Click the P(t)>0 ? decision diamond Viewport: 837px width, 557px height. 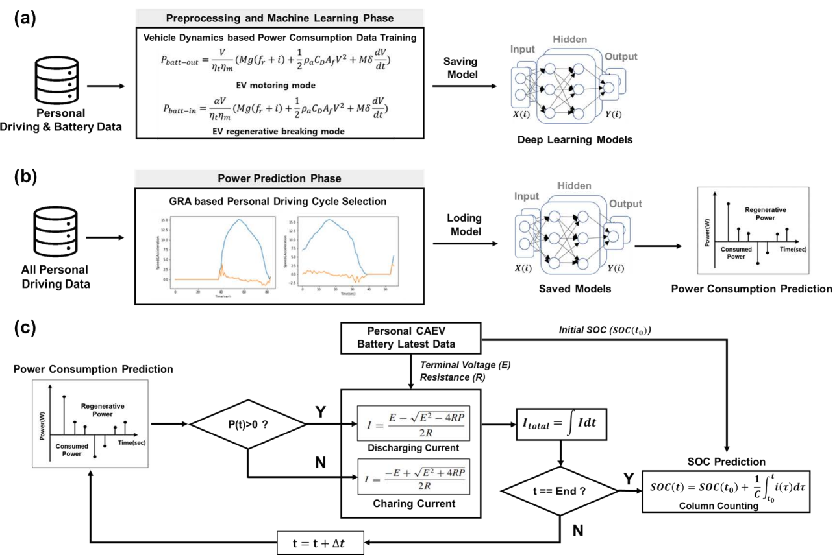pyautogui.click(x=247, y=424)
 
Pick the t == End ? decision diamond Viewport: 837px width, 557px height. pyautogui.click(x=560, y=491)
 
